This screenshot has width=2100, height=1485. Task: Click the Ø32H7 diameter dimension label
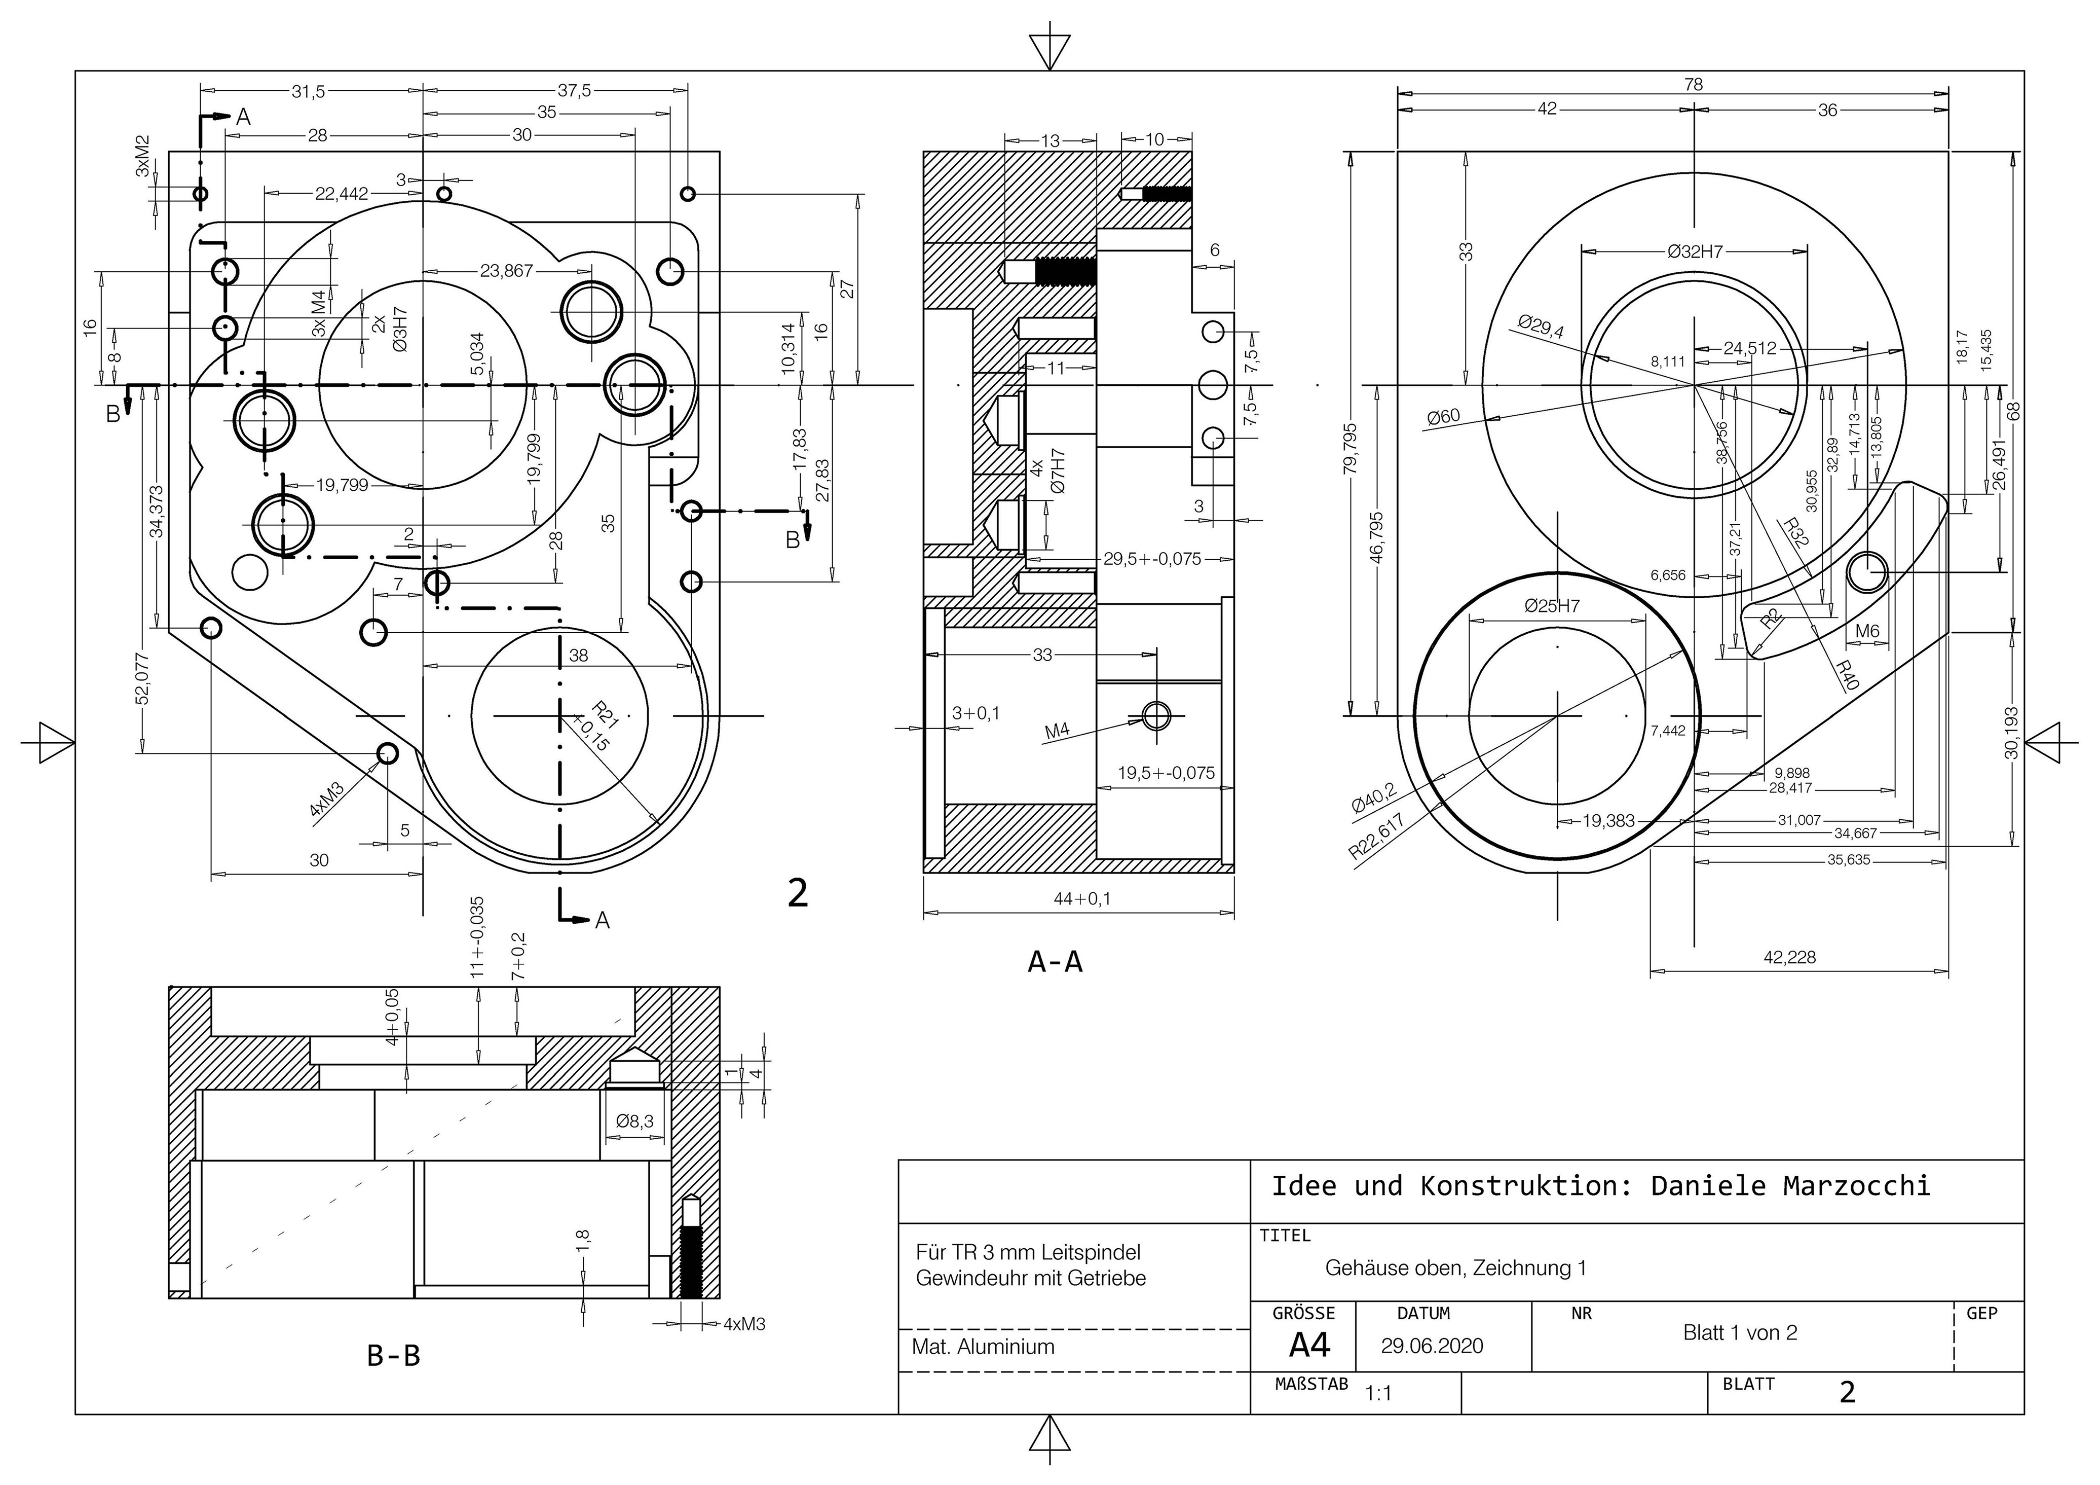[1695, 251]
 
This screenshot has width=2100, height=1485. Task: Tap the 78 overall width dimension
[1693, 84]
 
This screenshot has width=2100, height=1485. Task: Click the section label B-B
[393, 1356]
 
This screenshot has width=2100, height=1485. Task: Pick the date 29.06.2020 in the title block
[1432, 1346]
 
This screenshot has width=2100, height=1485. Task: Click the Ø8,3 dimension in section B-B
[635, 1121]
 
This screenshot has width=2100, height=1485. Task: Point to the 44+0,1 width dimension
[1082, 898]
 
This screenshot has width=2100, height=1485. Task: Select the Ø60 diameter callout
[1443, 417]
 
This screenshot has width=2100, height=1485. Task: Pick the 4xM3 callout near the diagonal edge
[326, 798]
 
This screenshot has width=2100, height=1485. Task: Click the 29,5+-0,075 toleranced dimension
[1151, 559]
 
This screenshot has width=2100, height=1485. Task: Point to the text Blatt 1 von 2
[1740, 1333]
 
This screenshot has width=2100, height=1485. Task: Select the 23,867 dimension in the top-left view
[506, 271]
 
